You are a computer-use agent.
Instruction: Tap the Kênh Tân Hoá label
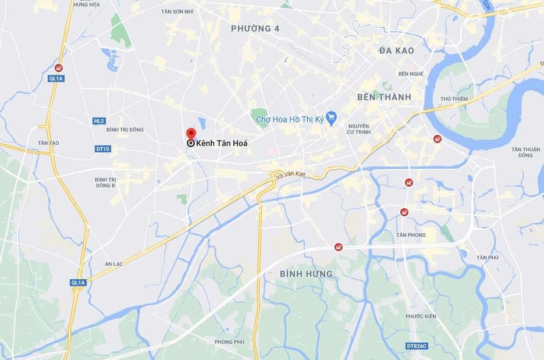click(218, 143)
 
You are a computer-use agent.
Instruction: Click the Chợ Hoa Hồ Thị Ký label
click(290, 119)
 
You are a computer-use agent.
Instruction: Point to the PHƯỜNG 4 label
click(251, 28)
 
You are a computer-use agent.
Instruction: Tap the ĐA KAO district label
click(396, 51)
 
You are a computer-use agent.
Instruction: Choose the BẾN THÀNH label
click(384, 97)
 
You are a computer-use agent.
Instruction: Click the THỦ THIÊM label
click(454, 99)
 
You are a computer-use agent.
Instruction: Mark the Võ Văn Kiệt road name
click(290, 174)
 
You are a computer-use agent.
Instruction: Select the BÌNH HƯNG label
click(306, 273)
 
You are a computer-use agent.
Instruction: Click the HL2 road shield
click(98, 121)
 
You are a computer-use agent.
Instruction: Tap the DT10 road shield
click(102, 149)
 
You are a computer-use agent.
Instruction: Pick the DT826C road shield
click(416, 346)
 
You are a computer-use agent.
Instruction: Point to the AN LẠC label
click(113, 263)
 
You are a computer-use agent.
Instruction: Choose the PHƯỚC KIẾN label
click(421, 316)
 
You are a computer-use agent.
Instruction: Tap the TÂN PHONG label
click(411, 235)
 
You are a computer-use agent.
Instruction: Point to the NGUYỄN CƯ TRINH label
click(359, 130)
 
